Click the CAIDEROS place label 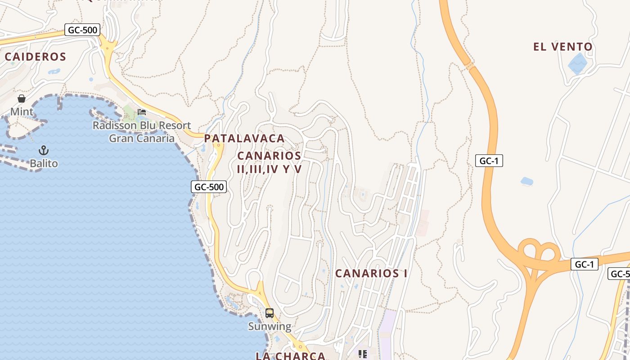(x=36, y=57)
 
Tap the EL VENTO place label (x=563, y=47)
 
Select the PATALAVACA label (x=244, y=139)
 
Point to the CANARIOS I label (x=371, y=273)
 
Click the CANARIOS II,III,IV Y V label (x=269, y=162)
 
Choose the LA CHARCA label (x=290, y=356)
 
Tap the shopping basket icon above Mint (x=22, y=99)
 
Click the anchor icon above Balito (x=44, y=150)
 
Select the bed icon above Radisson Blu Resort (x=142, y=112)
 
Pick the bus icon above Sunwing (x=270, y=313)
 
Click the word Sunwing (x=270, y=326)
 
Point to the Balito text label (x=44, y=163)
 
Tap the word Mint (x=22, y=111)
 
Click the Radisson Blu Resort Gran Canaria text (x=142, y=131)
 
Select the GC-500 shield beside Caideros (x=82, y=30)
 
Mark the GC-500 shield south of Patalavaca (x=209, y=187)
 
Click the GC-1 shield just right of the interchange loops (x=584, y=264)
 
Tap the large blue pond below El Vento (x=577, y=64)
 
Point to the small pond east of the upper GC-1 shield (x=526, y=181)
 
